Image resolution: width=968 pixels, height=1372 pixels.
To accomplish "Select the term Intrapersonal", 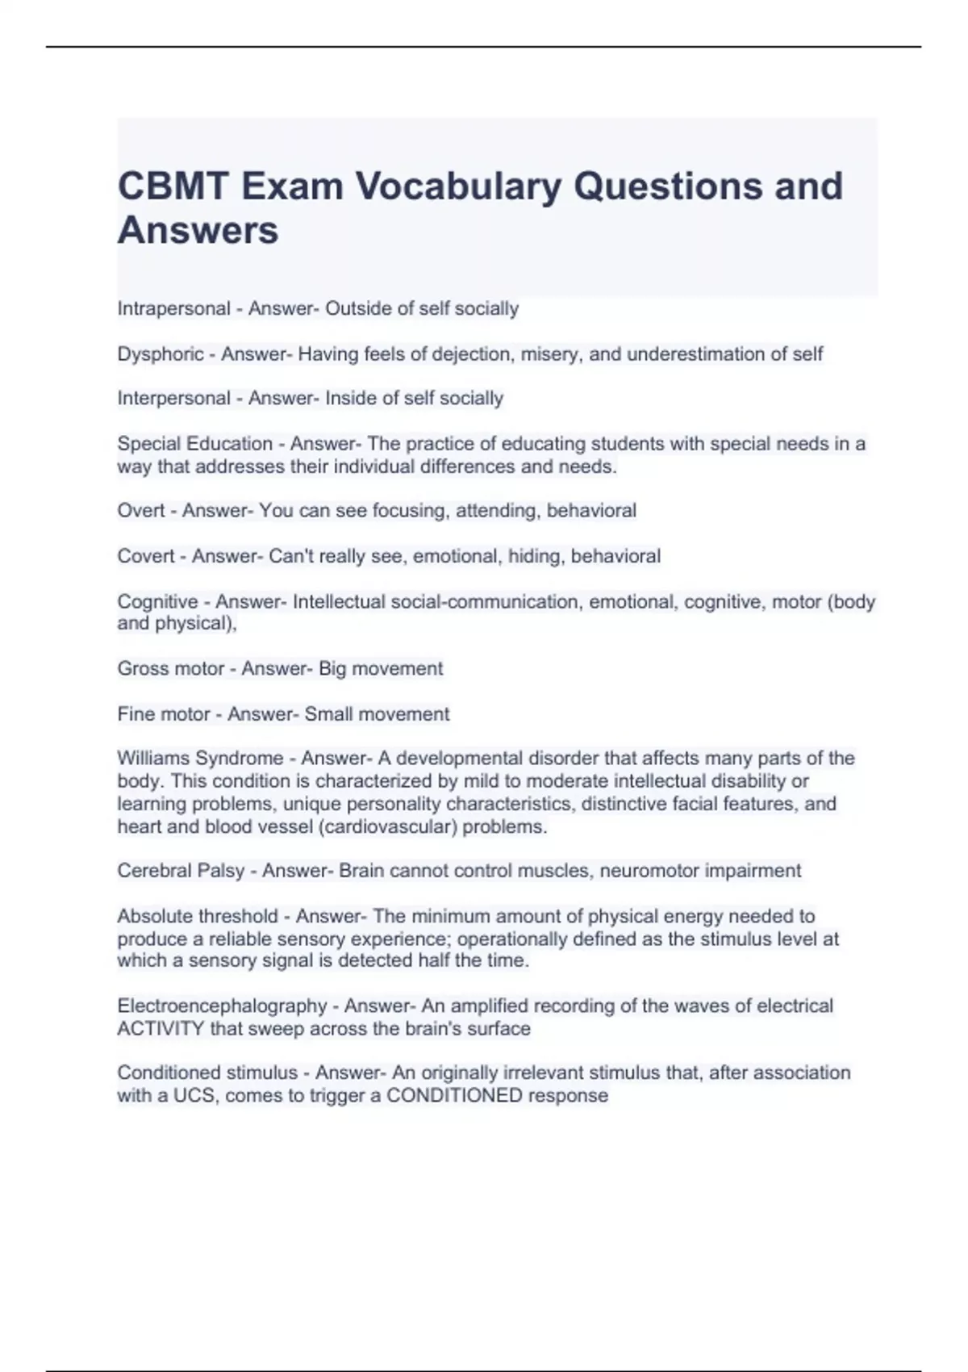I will point(173,308).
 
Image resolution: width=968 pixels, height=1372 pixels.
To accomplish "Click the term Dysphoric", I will point(161,353).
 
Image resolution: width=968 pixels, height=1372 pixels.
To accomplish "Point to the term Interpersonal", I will point(173,398).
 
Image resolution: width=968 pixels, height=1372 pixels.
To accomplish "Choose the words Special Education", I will point(194,444).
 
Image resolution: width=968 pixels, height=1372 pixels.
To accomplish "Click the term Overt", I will point(141,511).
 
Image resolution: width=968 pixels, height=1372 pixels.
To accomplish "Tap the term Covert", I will point(146,556).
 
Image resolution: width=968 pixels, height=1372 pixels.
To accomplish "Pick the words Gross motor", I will point(170,668).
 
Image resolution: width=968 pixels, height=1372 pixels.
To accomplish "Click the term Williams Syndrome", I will point(200,759).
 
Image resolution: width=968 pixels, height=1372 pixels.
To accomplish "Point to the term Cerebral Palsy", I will point(181,871).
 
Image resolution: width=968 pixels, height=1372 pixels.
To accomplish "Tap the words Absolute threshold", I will point(197,916).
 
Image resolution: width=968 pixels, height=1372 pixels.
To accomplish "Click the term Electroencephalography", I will point(222,1006).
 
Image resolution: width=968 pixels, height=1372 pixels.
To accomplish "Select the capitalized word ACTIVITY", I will point(161,1029).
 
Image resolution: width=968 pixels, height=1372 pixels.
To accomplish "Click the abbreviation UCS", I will point(195,1096).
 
